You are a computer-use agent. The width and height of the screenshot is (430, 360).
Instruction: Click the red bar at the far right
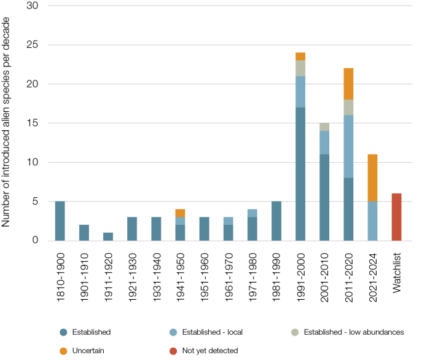[397, 216]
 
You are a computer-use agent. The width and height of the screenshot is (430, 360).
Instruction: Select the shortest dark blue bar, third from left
[108, 237]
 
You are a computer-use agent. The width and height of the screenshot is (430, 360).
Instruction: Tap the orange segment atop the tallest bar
[300, 56]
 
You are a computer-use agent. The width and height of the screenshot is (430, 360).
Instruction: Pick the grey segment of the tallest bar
[300, 68]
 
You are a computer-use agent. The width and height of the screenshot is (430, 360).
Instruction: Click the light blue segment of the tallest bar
[300, 92]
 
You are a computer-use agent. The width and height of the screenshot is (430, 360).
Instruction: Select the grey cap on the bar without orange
[324, 127]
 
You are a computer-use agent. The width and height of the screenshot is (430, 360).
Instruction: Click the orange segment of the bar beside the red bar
[372, 178]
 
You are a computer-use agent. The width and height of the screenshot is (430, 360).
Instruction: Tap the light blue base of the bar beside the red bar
[372, 221]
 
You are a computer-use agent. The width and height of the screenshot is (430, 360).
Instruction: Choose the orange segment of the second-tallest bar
[348, 84]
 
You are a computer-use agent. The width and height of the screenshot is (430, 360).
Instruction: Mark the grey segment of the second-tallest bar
[348, 108]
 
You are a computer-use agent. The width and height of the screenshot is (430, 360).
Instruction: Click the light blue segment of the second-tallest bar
[348, 146]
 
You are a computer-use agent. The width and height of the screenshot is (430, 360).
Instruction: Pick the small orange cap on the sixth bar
[180, 213]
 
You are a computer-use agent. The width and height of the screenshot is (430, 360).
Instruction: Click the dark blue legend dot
[63, 332]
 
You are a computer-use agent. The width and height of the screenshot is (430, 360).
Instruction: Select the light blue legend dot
[173, 332]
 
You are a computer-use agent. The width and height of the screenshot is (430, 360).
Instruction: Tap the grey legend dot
[295, 332]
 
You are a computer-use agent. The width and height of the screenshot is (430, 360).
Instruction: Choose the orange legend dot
[63, 351]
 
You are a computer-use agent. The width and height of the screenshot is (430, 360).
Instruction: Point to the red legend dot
[173, 351]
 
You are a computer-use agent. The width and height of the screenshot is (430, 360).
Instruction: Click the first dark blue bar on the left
[60, 221]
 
